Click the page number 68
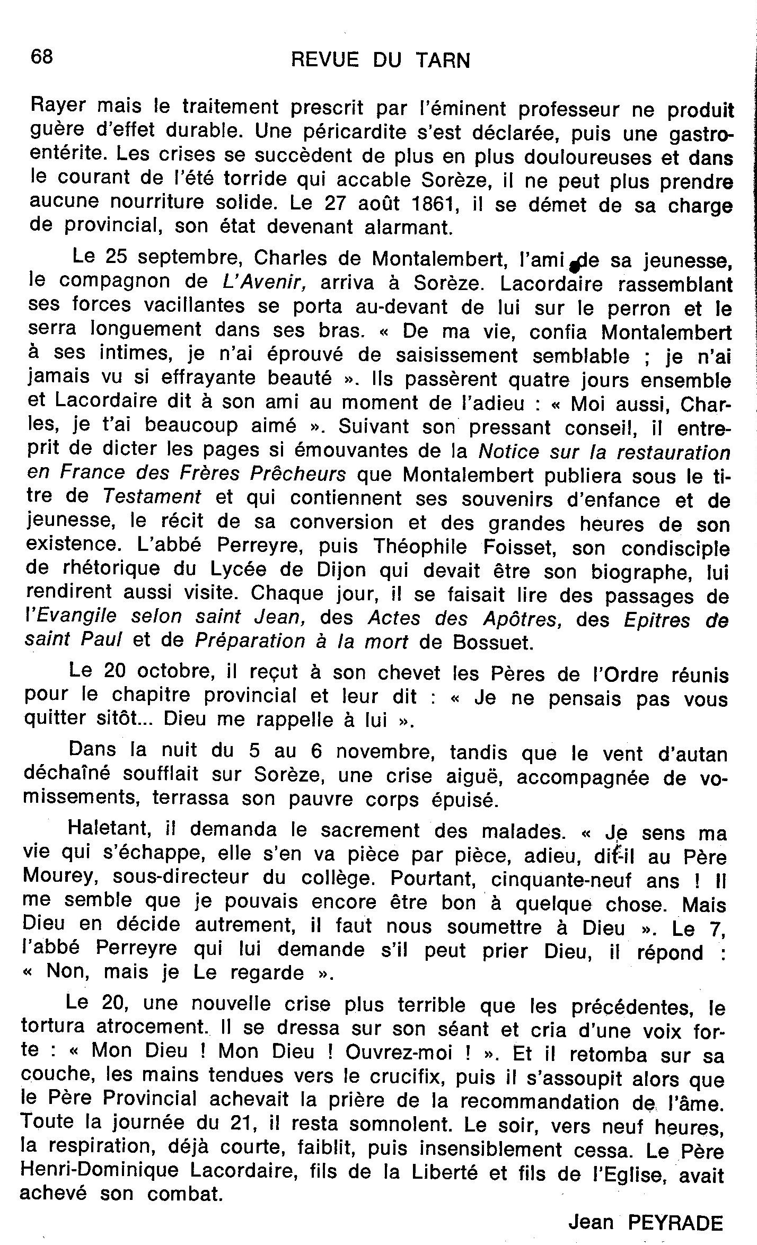point(42,57)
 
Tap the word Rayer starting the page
point(60,109)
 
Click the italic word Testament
point(152,496)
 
